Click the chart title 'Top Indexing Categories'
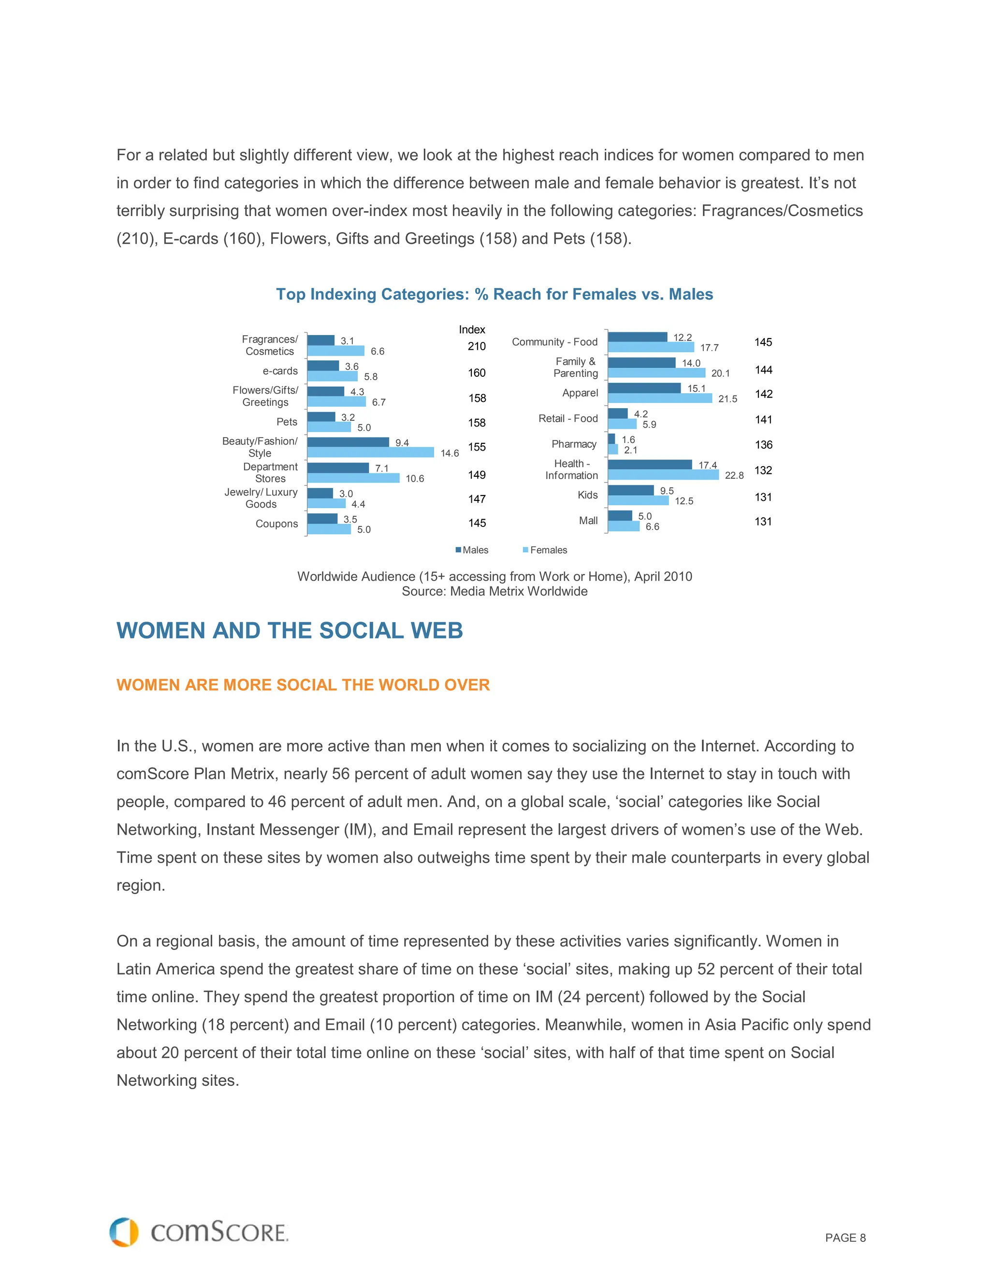tap(495, 294)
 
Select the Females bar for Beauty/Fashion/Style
tap(370, 453)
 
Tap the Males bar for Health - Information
tap(650, 465)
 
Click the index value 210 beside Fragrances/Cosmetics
tap(476, 346)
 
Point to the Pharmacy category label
tap(574, 444)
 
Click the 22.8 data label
tap(734, 475)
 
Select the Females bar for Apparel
tap(660, 398)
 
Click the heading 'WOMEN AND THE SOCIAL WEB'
tap(290, 631)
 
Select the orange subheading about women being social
tap(303, 685)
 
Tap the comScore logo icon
tap(124, 1232)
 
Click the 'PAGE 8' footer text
tap(844, 1238)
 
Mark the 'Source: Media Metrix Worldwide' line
tap(495, 591)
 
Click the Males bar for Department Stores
tap(338, 468)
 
